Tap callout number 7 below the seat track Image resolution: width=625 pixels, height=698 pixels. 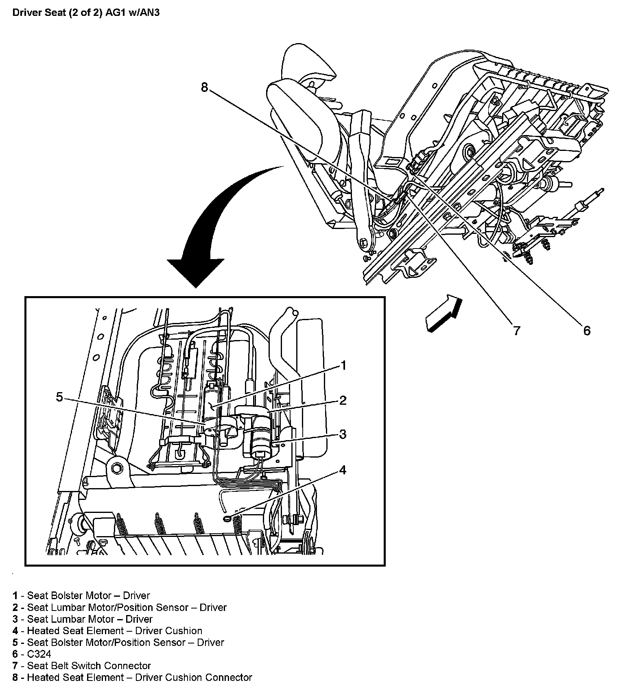[516, 331]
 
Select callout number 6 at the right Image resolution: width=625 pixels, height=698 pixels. [586, 331]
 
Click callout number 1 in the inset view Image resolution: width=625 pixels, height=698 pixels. [343, 365]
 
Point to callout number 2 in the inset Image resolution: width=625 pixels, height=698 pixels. [343, 400]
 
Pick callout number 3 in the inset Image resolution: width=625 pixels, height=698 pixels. [343, 434]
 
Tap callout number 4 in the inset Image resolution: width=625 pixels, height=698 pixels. [343, 470]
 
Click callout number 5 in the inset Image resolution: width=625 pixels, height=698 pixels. [59, 397]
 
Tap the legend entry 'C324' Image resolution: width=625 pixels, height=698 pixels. [39, 654]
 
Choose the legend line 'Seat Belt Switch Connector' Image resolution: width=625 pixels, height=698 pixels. [89, 666]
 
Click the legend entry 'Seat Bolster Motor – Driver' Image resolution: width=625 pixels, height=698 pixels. [88, 595]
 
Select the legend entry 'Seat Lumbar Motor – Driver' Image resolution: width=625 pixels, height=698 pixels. [90, 619]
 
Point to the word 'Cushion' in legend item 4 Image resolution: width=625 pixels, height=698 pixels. [184, 631]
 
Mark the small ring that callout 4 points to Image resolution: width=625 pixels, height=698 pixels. [227, 518]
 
